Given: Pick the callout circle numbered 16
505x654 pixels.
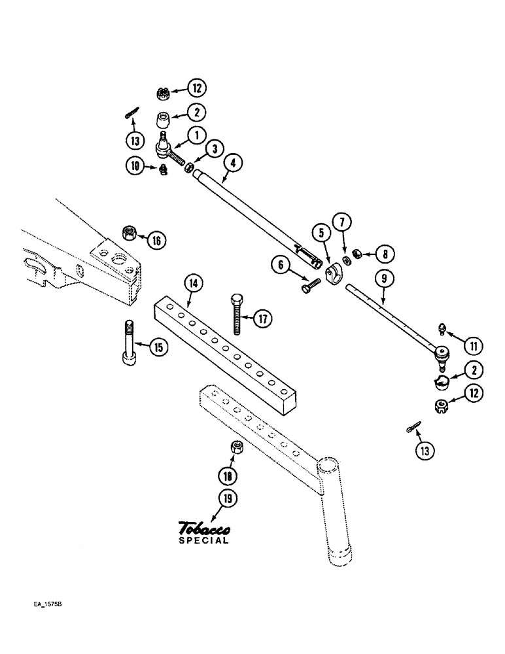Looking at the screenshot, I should (156, 240).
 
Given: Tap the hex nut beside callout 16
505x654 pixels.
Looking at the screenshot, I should (129, 232).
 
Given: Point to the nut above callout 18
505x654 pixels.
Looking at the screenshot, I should (238, 447).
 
